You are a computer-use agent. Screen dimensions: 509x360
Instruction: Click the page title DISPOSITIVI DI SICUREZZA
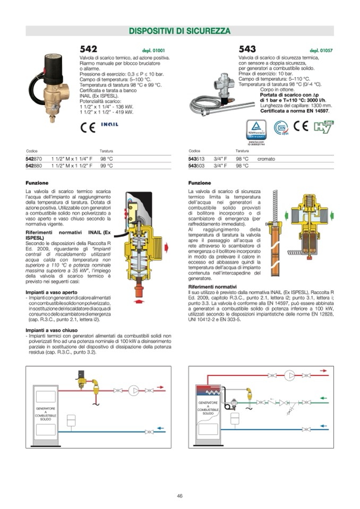pos(180,31)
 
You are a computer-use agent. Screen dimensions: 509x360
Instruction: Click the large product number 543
pos(247,50)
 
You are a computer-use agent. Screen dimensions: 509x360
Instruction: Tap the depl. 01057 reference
pos(321,51)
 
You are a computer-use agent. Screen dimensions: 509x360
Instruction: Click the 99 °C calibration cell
pos(107,166)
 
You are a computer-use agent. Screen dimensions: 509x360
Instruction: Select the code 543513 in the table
pos(197,159)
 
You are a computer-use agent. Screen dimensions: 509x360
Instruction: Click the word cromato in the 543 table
pos(266,159)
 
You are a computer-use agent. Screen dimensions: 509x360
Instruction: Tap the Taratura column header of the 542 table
pos(107,151)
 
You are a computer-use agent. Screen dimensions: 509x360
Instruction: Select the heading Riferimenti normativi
pos(212,287)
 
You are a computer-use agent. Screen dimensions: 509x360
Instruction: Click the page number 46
pos(180,496)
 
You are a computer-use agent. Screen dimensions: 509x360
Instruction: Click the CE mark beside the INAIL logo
pos(88,127)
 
